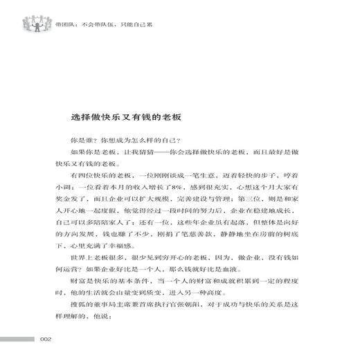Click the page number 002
point(46,339)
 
